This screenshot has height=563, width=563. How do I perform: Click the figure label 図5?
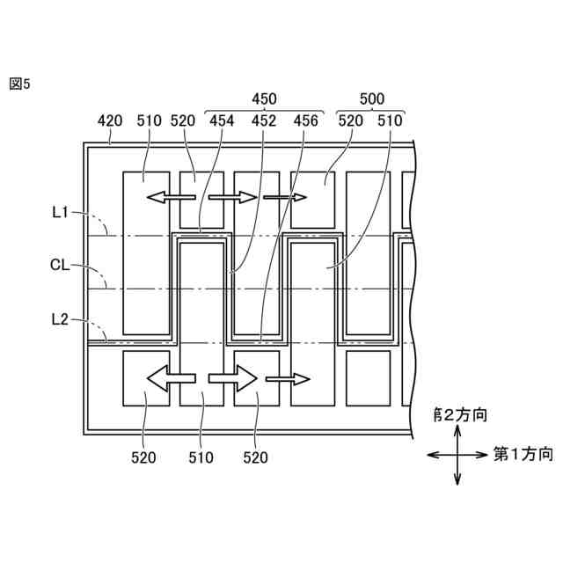pos(19,84)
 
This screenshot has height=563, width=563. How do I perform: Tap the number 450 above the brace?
pos(264,98)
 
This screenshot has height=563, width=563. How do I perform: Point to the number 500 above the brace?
pos(373,98)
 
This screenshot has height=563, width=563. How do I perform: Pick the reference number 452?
pos(264,121)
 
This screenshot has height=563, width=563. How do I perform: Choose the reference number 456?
pos(305,121)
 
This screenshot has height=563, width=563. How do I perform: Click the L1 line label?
pos(60,211)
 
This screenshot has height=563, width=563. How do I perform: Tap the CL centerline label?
pos(60,263)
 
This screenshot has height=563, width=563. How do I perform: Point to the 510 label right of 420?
pos(149,121)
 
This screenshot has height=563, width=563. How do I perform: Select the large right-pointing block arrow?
pos(232,379)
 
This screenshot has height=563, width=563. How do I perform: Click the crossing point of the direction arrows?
pos(457,454)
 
